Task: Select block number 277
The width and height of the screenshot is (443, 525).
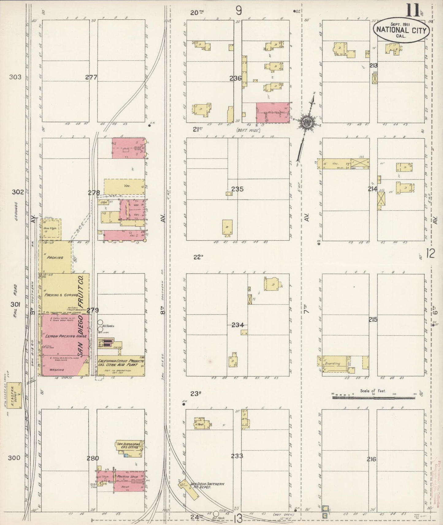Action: [x=91, y=77]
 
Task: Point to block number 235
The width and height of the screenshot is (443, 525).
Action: [x=237, y=189]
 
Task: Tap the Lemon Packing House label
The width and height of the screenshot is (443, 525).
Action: [x=60, y=336]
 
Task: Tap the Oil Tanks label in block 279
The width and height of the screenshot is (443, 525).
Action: [x=109, y=326]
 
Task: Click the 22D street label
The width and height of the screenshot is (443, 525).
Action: [x=198, y=257]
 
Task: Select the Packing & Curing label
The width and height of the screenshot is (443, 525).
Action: [x=58, y=295]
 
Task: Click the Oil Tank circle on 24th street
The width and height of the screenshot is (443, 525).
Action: [x=216, y=514]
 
